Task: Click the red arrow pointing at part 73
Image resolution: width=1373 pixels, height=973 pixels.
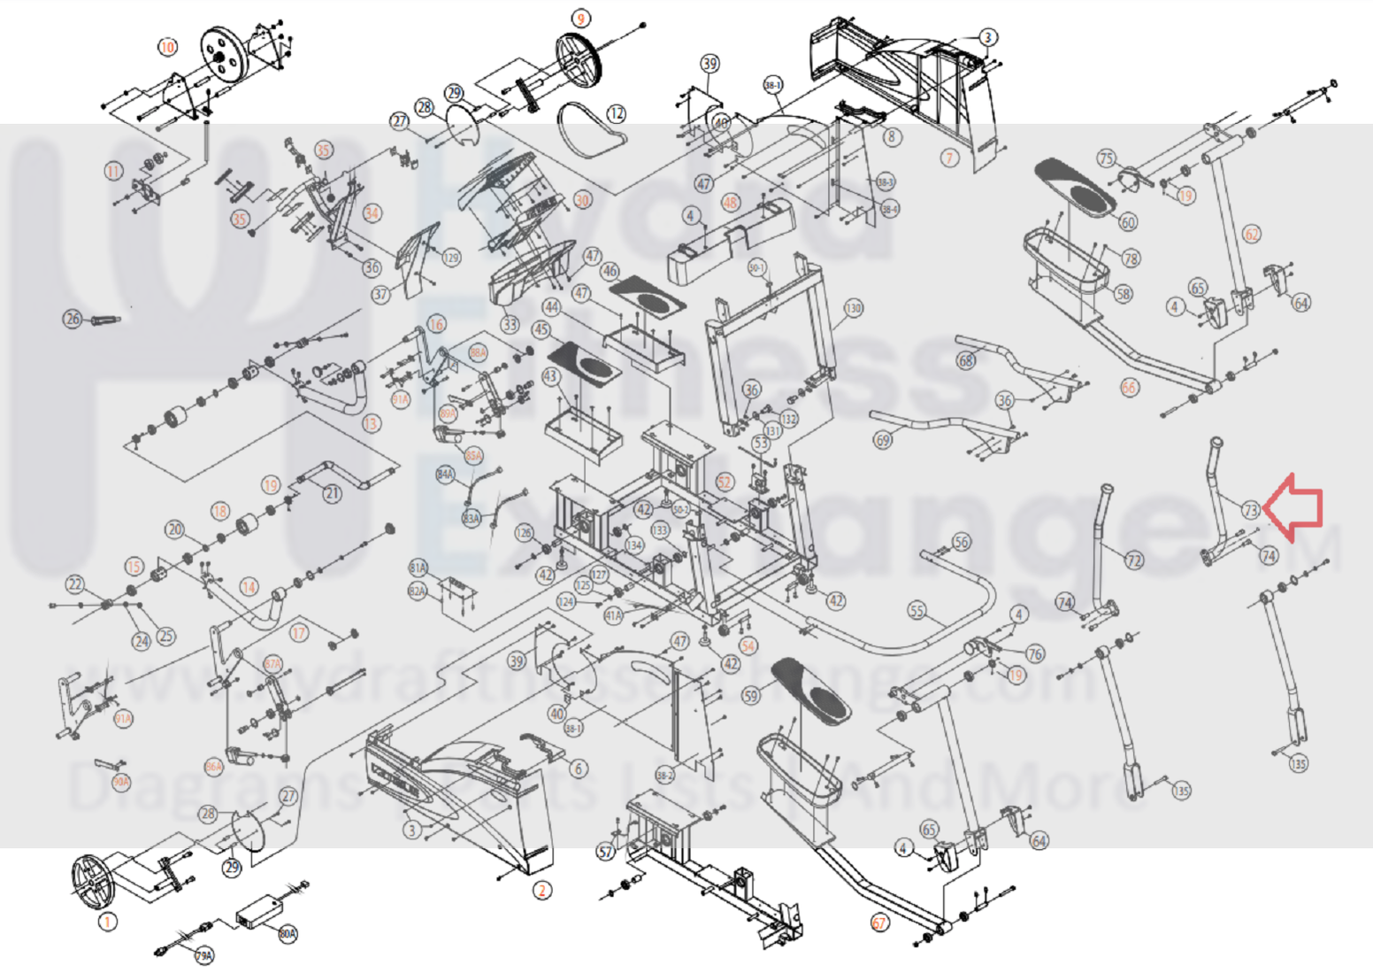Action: [1295, 507]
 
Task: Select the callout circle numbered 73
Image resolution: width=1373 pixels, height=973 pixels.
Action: [1250, 510]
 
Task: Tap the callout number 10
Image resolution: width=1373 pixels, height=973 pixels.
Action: [167, 46]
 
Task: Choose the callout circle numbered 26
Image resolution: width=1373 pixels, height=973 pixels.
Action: [73, 318]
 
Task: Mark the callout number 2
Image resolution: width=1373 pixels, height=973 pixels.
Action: [542, 890]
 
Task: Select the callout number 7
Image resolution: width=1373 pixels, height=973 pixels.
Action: [949, 158]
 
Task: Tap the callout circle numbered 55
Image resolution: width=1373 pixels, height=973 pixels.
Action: [917, 611]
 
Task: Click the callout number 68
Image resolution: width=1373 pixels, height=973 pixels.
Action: [966, 360]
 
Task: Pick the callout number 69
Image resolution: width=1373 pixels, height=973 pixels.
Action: [882, 439]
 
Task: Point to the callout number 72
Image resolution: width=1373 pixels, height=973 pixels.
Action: [1134, 560]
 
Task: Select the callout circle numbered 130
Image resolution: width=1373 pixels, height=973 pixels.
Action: [853, 308]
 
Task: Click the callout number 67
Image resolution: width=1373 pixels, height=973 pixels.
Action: [879, 923]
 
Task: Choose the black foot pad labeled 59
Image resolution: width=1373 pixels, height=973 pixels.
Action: [808, 687]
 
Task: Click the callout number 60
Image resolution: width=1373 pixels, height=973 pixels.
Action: [1128, 222]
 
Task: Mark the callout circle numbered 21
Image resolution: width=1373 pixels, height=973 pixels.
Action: [332, 492]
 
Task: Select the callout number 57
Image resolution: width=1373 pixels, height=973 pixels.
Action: [605, 853]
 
